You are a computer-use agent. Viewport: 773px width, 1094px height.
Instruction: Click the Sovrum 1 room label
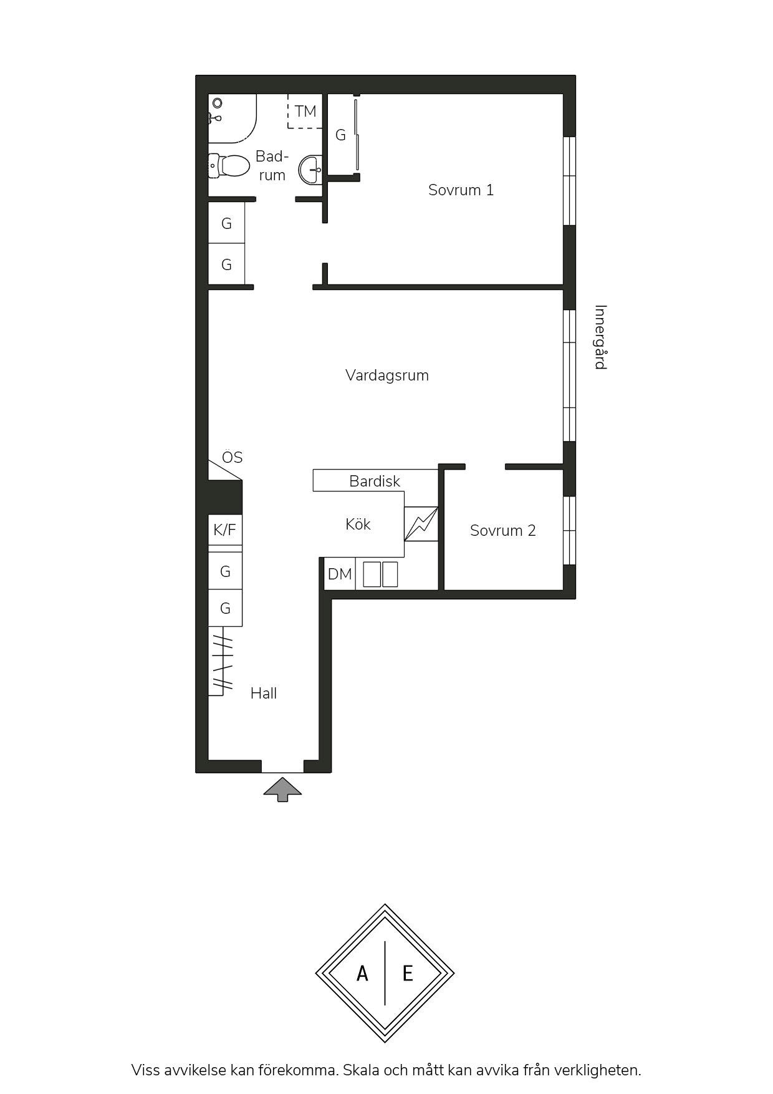(x=461, y=190)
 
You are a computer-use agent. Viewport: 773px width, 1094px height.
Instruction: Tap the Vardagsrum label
(x=387, y=375)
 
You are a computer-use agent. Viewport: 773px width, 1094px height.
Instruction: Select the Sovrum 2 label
(x=502, y=531)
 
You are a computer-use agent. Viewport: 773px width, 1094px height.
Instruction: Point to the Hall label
(x=264, y=693)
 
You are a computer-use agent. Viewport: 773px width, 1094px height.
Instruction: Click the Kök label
(x=358, y=524)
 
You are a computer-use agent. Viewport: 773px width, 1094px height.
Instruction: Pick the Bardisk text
(x=375, y=482)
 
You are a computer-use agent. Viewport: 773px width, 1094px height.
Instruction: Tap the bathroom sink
(x=311, y=169)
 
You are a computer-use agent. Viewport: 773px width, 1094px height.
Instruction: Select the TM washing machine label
(x=305, y=112)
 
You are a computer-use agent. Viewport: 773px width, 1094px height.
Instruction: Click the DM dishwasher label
(x=340, y=574)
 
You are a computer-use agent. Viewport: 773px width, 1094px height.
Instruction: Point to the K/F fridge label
(x=225, y=530)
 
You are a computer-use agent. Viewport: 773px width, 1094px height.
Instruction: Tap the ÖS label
(x=232, y=457)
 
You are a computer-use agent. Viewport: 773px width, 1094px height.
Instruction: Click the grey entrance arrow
(x=282, y=789)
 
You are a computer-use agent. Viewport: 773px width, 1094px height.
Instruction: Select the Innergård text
(x=600, y=337)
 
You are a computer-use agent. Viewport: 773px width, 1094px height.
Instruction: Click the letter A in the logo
(x=362, y=973)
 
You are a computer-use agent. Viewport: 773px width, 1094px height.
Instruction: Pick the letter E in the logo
(x=408, y=973)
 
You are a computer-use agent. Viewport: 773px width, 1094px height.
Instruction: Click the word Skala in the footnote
(x=360, y=1070)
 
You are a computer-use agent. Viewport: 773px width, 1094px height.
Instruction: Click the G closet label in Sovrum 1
(x=340, y=135)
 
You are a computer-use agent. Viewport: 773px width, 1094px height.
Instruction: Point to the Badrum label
(x=272, y=166)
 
